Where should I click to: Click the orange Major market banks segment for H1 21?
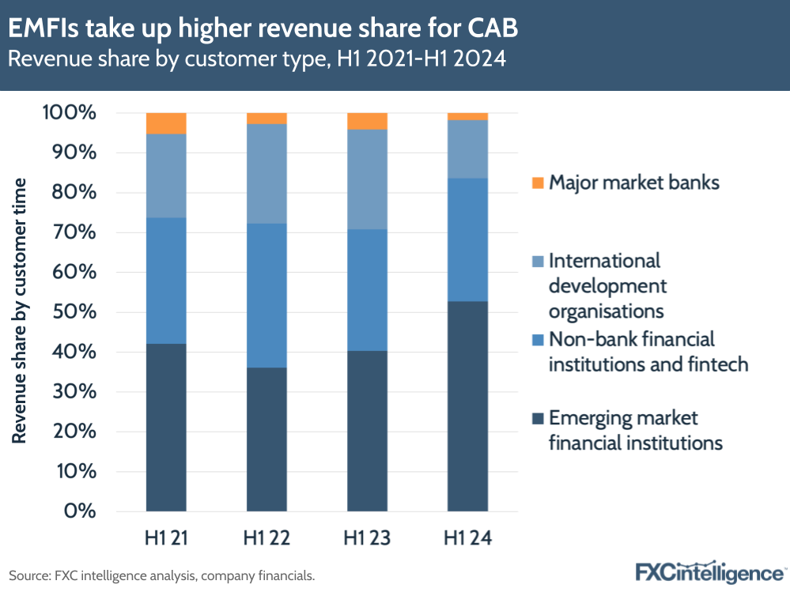pyautogui.click(x=166, y=123)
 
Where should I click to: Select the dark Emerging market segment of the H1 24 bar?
pyautogui.click(x=467, y=406)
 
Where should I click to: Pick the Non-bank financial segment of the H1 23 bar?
pyautogui.click(x=367, y=290)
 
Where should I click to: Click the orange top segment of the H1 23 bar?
pyautogui.click(x=367, y=121)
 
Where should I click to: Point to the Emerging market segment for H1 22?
pyautogui.click(x=266, y=439)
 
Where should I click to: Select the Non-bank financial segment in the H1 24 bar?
pyautogui.click(x=467, y=239)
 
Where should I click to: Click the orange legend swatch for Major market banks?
pyautogui.click(x=539, y=183)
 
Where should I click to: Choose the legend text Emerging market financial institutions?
pyautogui.click(x=635, y=430)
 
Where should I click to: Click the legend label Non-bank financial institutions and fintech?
pyautogui.click(x=648, y=352)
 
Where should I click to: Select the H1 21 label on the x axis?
pyautogui.click(x=166, y=539)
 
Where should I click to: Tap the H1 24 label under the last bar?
pyautogui.click(x=467, y=539)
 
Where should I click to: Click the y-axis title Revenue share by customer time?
pyautogui.click(x=20, y=311)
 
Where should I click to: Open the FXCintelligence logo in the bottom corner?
pyautogui.click(x=709, y=572)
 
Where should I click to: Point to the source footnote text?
pyautogui.click(x=161, y=575)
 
